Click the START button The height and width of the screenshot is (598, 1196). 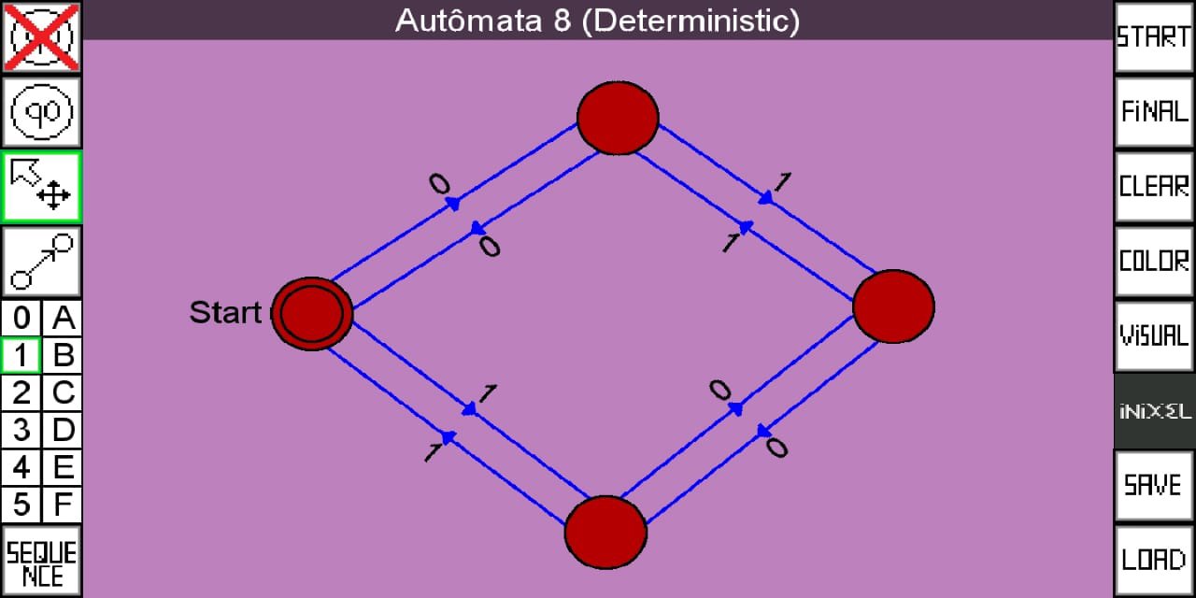pyautogui.click(x=1153, y=37)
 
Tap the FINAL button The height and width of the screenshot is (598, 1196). pyautogui.click(x=1153, y=112)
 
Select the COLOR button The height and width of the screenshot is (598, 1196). pyautogui.click(x=1153, y=261)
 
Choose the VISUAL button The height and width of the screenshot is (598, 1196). pyautogui.click(x=1153, y=335)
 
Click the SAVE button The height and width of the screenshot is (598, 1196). pyautogui.click(x=1153, y=485)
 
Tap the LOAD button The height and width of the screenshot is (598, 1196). pyautogui.click(x=1153, y=560)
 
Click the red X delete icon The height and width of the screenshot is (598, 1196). pyautogui.click(x=41, y=37)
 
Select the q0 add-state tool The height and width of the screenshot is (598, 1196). pyautogui.click(x=41, y=112)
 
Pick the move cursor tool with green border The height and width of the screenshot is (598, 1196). pyautogui.click(x=41, y=186)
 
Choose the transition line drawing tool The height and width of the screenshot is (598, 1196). pyautogui.click(x=41, y=261)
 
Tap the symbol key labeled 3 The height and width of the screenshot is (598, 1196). pyautogui.click(x=21, y=431)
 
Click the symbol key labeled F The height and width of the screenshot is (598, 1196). pyautogui.click(x=63, y=505)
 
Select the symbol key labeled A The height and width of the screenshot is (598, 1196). pyautogui.click(x=63, y=319)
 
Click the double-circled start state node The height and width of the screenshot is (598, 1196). pyautogui.click(x=311, y=313)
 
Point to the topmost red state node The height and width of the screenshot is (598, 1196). pyautogui.click(x=617, y=118)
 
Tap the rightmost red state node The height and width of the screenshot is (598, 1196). pyautogui.click(x=893, y=306)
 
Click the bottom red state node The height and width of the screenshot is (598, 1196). pyautogui.click(x=605, y=532)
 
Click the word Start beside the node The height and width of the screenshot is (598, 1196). pyautogui.click(x=225, y=313)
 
